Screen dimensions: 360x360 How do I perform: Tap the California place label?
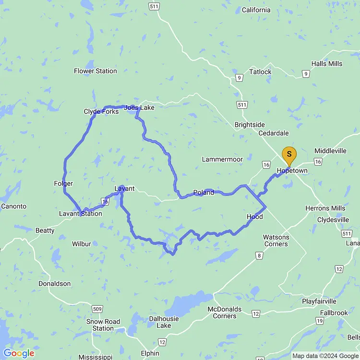(x=256, y=10)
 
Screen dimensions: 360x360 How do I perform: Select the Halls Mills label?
(x=326, y=64)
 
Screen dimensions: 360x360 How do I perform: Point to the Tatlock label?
(x=260, y=72)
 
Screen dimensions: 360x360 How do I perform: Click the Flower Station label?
(x=95, y=71)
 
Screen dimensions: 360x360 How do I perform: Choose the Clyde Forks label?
(x=101, y=112)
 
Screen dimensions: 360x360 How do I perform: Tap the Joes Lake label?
(x=139, y=108)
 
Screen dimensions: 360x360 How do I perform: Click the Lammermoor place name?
(x=222, y=159)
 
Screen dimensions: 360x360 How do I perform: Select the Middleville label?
(x=330, y=151)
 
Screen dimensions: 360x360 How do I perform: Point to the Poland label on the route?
(x=204, y=193)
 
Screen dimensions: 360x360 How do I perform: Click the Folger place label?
(x=63, y=184)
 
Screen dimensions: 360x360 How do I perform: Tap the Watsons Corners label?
(x=276, y=240)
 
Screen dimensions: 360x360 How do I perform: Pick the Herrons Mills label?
(x=325, y=208)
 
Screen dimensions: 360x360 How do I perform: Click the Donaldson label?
(x=55, y=284)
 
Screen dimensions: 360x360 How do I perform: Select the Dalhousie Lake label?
(x=164, y=322)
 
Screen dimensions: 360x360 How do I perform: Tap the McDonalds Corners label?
(x=225, y=312)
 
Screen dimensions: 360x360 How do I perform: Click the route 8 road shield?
(x=259, y=256)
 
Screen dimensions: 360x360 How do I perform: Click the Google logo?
(x=18, y=354)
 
